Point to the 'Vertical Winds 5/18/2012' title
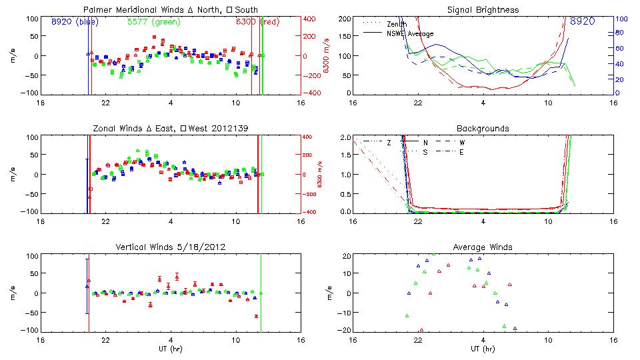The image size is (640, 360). tap(171, 247)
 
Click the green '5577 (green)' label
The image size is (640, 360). tap(153, 21)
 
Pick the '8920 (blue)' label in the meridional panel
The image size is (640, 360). tap(74, 21)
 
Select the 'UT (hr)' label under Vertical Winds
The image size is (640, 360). tap(171, 349)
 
